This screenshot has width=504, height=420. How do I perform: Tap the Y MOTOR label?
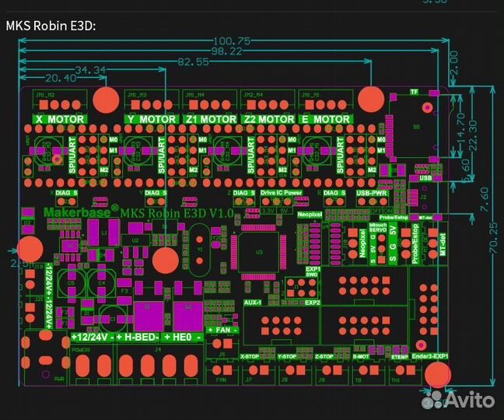point(151,120)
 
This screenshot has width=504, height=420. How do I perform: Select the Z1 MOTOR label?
point(211,120)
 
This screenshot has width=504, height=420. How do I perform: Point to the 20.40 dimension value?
point(61,78)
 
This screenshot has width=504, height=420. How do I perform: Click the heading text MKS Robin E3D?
point(51,25)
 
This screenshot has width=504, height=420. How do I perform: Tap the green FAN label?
point(222,330)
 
